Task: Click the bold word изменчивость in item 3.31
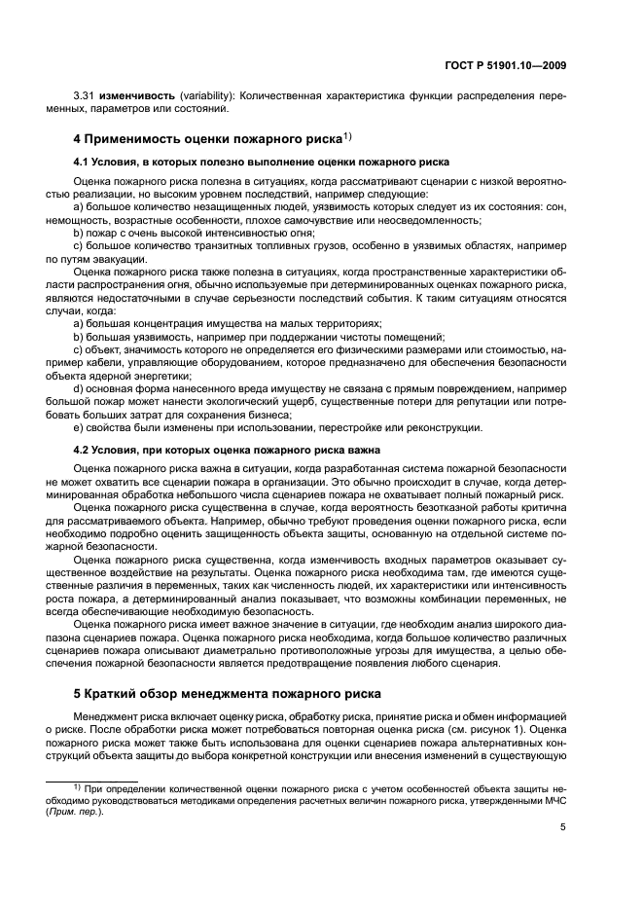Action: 134,98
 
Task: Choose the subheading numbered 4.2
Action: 226,450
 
